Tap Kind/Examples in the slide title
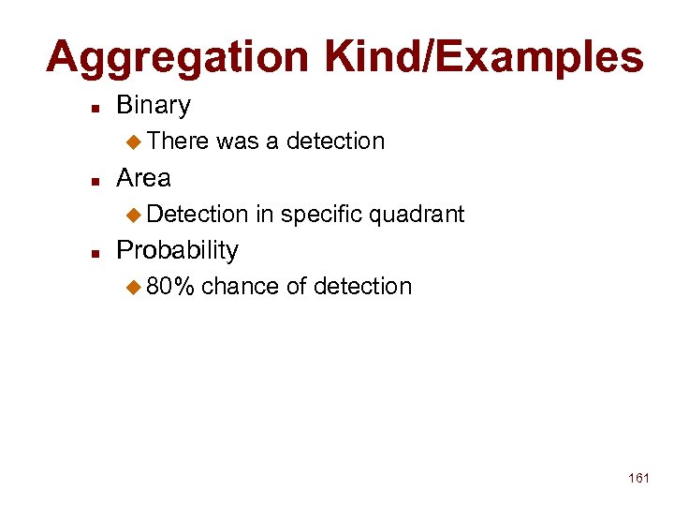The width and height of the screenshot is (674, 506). (484, 58)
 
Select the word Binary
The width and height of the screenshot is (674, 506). (154, 105)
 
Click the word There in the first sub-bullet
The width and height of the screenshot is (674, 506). (178, 141)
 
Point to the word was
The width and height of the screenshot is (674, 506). (237, 141)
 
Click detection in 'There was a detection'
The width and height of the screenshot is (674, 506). (335, 141)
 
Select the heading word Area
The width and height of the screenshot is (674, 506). (143, 178)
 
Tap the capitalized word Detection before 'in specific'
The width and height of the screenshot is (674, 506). (197, 215)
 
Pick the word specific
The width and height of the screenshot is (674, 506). (321, 215)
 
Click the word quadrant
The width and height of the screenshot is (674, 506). (417, 215)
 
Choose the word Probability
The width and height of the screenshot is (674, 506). (177, 251)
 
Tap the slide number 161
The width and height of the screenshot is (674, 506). (638, 479)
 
